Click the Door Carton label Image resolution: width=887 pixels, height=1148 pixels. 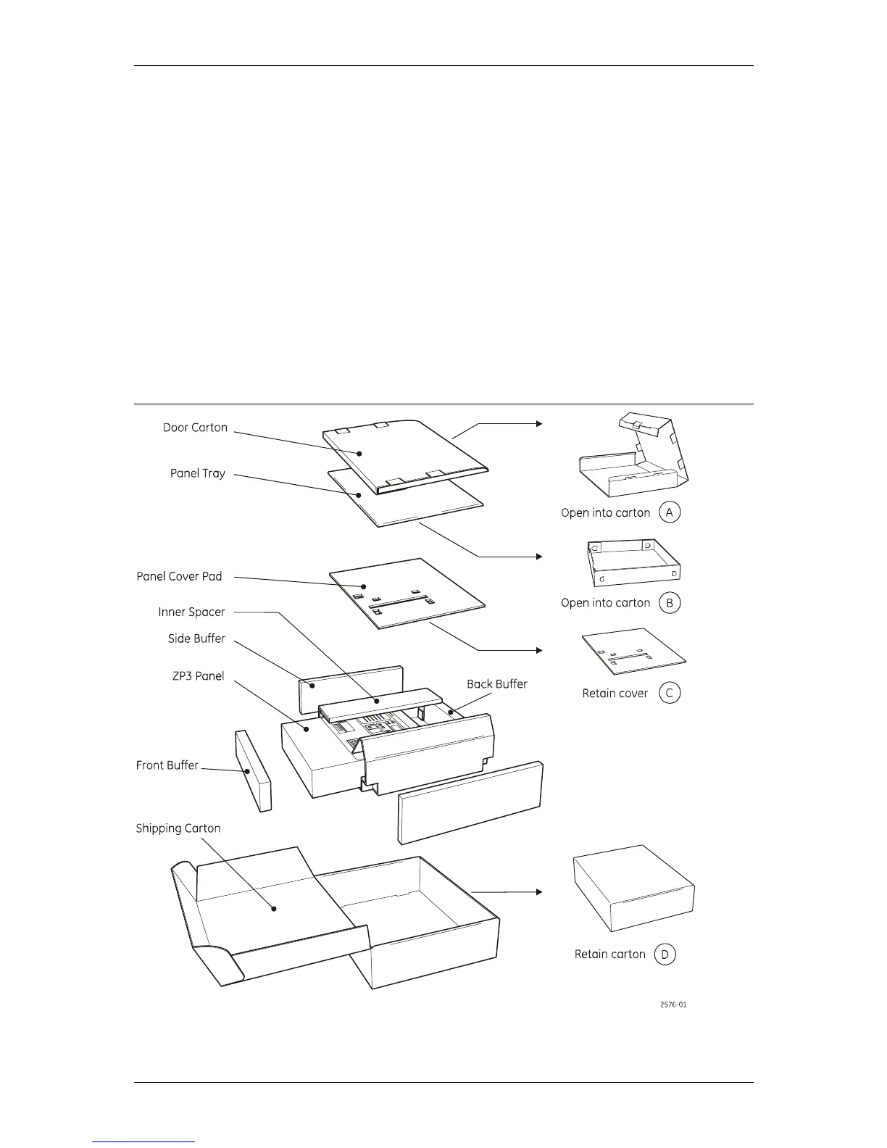[195, 428]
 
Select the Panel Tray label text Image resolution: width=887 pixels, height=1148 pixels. [197, 473]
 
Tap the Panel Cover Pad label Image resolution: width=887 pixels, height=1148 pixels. [179, 576]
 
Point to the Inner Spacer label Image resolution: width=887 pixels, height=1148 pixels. [191, 612]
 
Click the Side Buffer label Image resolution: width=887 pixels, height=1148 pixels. [196, 639]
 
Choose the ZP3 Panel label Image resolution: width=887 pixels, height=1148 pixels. [198, 676]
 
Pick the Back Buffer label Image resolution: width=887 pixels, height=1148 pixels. [496, 683]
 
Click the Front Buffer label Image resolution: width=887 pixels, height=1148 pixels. [167, 765]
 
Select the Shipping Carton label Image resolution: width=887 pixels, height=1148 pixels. [178, 828]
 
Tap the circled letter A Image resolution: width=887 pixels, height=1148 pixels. [670, 512]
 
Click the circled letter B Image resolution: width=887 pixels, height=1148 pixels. [670, 602]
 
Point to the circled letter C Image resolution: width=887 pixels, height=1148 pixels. [670, 693]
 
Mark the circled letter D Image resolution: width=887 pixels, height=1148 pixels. [665, 954]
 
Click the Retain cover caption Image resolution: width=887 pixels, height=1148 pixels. [615, 694]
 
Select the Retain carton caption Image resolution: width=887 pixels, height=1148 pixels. [609, 954]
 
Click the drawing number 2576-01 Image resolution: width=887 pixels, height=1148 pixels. [673, 1005]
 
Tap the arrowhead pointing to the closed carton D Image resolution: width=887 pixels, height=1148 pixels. [538, 891]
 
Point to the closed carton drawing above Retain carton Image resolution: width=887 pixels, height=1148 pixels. [633, 887]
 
